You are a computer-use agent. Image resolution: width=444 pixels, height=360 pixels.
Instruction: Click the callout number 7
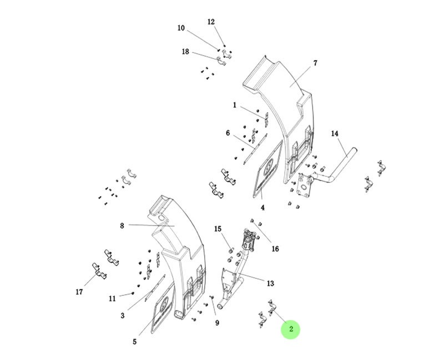(315, 63)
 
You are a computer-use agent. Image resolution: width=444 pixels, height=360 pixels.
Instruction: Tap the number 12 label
(211, 22)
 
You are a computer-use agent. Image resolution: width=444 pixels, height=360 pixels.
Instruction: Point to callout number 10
(181, 28)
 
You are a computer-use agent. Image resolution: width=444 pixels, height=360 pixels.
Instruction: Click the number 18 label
(185, 52)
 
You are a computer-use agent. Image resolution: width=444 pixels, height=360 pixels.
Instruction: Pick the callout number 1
(235, 105)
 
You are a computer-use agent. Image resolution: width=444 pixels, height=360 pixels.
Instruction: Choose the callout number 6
(228, 133)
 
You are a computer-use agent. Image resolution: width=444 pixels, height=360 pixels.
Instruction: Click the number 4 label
(263, 208)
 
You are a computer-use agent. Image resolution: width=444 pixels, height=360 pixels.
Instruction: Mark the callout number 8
(122, 226)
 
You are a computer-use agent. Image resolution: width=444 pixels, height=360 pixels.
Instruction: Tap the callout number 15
(218, 229)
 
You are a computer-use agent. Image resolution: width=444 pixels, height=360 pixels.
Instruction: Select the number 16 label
(275, 248)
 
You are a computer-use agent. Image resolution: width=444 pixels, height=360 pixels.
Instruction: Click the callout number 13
(270, 283)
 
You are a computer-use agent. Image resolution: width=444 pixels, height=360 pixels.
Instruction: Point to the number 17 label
(79, 292)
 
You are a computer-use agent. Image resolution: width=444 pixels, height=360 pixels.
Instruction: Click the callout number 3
(123, 316)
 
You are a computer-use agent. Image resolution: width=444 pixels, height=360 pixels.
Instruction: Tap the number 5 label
(134, 342)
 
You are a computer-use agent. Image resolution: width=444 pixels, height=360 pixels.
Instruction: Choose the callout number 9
(218, 323)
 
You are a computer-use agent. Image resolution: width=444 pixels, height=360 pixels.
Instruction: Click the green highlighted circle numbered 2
(290, 329)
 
